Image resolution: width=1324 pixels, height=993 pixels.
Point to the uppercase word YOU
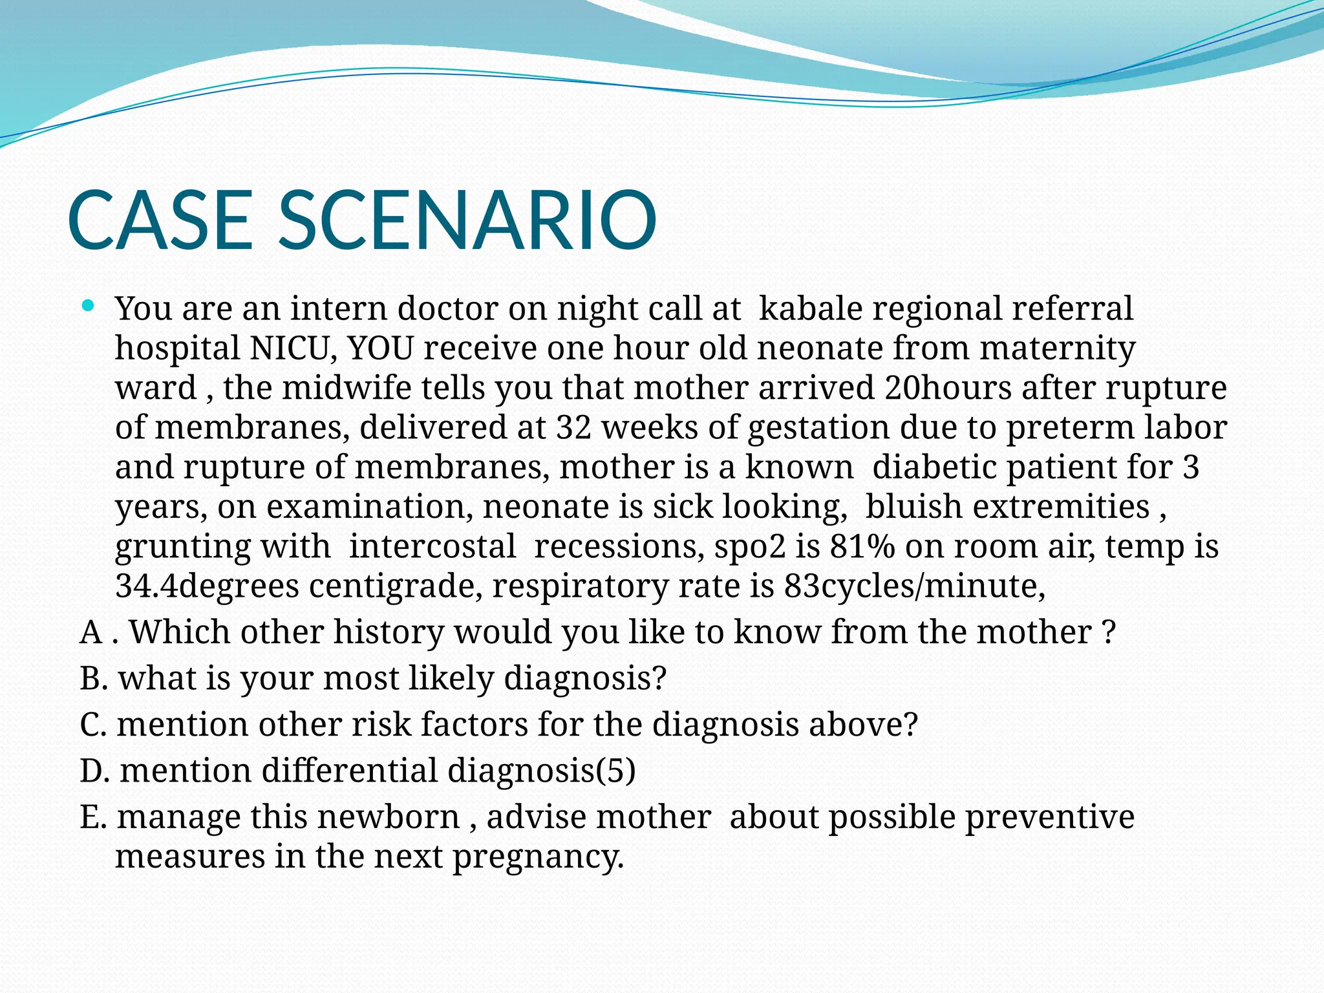coord(380,348)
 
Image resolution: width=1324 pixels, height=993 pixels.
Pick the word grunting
coord(182,547)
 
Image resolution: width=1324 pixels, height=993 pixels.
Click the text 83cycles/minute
coord(914,586)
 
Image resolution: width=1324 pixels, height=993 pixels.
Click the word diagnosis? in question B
coord(584,679)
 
